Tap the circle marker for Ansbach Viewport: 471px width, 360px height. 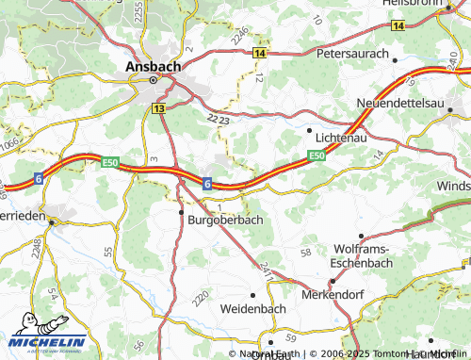(153, 82)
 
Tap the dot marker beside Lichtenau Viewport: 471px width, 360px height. (310, 129)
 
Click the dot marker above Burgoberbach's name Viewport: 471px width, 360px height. (181, 213)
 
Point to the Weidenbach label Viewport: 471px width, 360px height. (252, 308)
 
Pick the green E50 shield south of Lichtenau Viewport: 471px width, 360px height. (316, 155)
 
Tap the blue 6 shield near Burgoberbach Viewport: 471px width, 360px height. (206, 183)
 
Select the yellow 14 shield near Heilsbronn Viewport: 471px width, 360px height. (398, 27)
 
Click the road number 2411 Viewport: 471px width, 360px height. (266, 273)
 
